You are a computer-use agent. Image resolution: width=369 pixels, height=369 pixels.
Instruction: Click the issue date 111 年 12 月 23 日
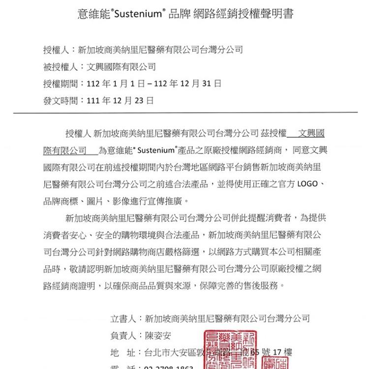pyautogui.click(x=120, y=101)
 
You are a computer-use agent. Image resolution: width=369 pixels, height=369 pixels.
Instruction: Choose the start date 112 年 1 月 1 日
pyautogui.click(x=115, y=84)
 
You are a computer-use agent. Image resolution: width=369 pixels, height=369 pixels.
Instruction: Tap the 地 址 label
pyautogui.click(x=123, y=353)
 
